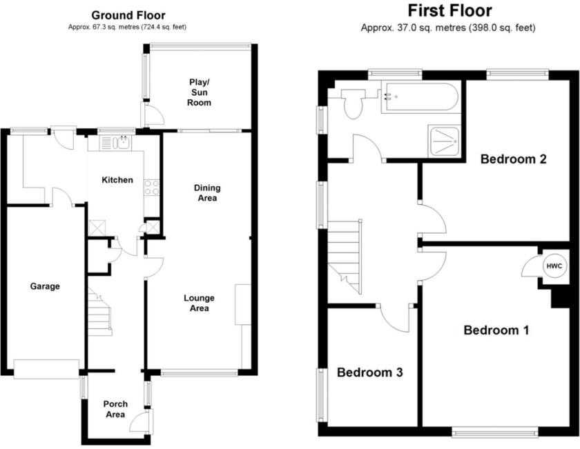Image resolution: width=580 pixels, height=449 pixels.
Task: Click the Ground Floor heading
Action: coord(128,15)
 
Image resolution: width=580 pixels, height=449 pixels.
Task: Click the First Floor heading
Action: coord(449,10)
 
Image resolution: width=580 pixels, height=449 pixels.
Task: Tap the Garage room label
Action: coord(45,286)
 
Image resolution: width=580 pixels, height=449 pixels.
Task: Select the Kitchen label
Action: coord(117,180)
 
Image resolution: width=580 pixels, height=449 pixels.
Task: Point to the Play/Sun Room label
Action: coord(200,92)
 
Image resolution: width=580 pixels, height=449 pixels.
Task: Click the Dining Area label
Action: coord(206,193)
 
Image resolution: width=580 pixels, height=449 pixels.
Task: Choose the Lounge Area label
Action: coord(199,303)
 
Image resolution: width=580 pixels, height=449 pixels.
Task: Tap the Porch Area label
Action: coord(115,409)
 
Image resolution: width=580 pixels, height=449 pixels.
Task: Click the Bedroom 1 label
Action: coord(496,330)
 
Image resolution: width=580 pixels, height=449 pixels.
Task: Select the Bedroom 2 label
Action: coord(514,159)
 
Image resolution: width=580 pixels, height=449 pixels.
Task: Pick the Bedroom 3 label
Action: coord(369,372)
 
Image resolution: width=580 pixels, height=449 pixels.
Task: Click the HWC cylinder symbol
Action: coord(554,266)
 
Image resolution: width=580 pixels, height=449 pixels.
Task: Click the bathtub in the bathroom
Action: coord(418,97)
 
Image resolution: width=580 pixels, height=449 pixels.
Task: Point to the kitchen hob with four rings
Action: coord(151,187)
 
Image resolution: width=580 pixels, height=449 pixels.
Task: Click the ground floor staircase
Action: coord(99,314)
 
